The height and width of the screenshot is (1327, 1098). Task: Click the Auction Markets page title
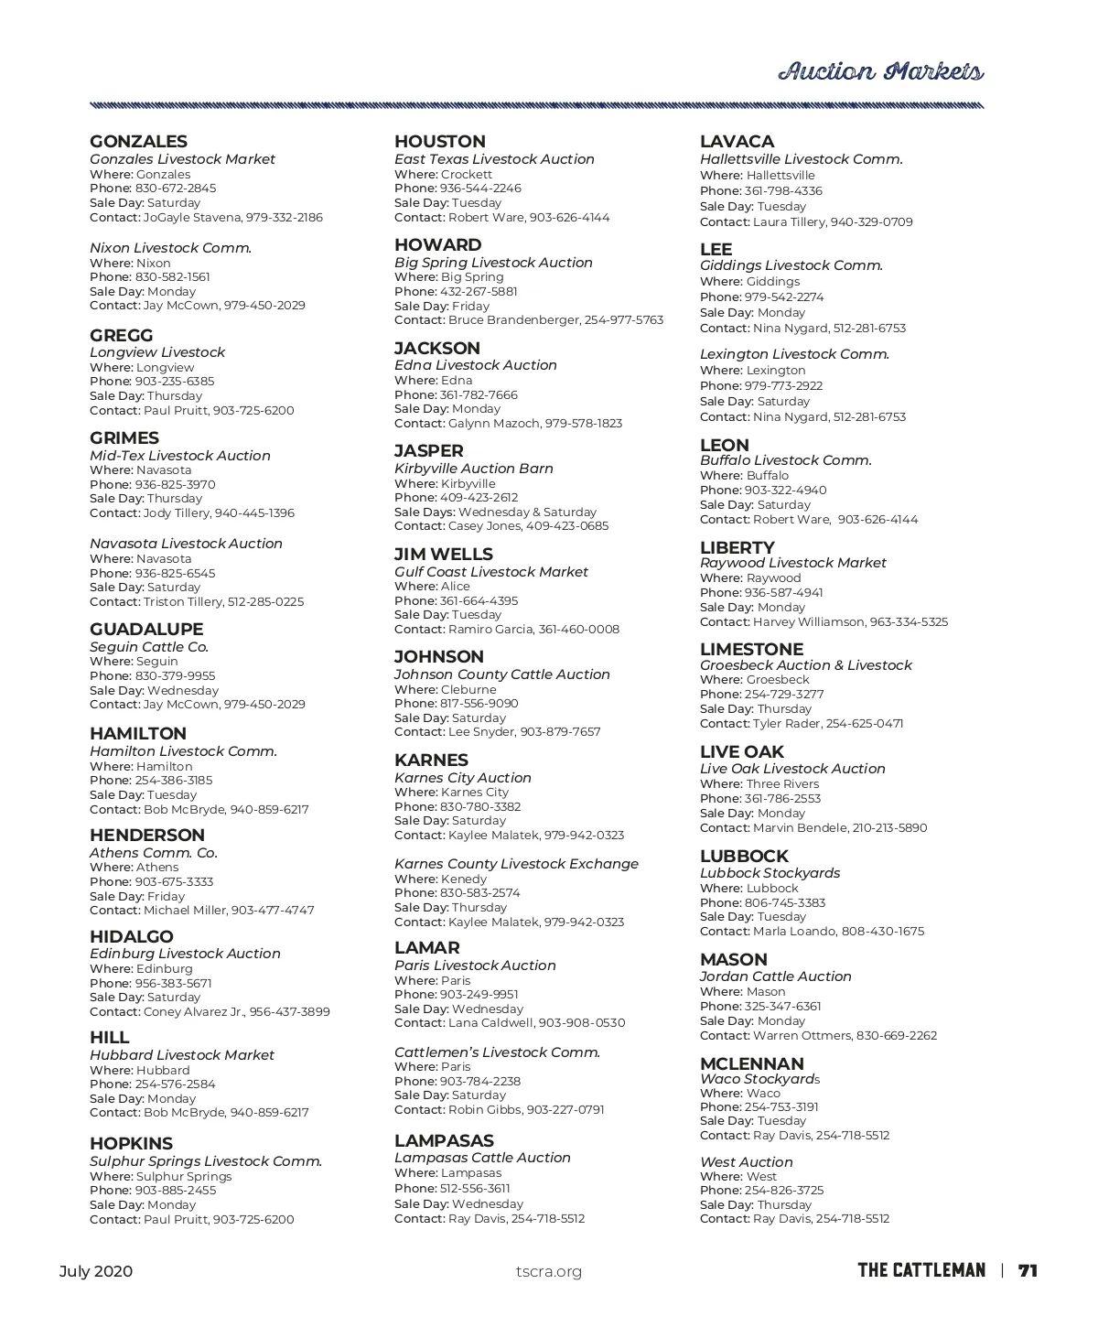(880, 72)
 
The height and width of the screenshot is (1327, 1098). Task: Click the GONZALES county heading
(138, 142)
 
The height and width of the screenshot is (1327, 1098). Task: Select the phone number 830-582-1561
(172, 277)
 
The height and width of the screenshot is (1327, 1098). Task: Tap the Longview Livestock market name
(157, 352)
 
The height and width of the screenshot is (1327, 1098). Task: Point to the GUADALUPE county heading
(146, 630)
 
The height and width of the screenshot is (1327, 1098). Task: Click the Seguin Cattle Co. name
(149, 647)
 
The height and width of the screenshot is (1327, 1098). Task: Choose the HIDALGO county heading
(132, 937)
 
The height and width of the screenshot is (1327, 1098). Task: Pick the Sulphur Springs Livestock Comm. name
(206, 1161)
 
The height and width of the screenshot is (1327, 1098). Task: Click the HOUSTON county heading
(440, 142)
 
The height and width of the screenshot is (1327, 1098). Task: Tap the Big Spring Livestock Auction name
(493, 263)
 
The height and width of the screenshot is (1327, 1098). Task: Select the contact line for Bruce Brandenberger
(529, 320)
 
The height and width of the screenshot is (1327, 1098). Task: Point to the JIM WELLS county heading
(444, 555)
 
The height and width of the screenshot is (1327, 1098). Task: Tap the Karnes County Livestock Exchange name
(516, 864)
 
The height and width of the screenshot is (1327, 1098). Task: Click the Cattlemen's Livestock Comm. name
(497, 1052)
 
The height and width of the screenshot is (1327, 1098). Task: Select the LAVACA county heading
(737, 142)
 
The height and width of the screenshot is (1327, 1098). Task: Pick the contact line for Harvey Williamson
(823, 622)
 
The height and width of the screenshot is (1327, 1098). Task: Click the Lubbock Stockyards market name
(770, 873)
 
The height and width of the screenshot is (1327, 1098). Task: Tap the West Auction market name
(746, 1162)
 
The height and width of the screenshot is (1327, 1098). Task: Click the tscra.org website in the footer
(549, 1271)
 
